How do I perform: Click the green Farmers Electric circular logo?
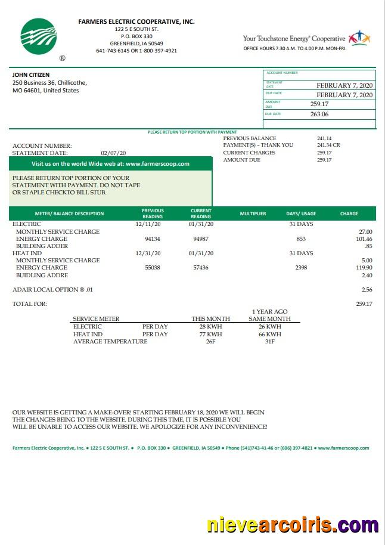pyautogui.click(x=39, y=36)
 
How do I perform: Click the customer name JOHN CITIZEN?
pyautogui.click(x=31, y=75)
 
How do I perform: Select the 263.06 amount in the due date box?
pyautogui.click(x=319, y=114)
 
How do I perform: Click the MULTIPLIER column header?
pyautogui.click(x=253, y=213)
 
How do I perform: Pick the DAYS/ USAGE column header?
pyautogui.click(x=301, y=213)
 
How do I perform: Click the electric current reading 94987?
pyautogui.click(x=201, y=239)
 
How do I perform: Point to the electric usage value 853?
pyautogui.click(x=300, y=239)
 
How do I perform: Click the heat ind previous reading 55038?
pyautogui.click(x=153, y=268)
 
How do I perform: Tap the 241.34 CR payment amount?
pyautogui.click(x=328, y=145)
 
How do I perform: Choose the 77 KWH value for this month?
pyautogui.click(x=210, y=335)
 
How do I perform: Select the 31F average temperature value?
pyautogui.click(x=269, y=342)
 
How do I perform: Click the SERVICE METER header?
pyautogui.click(x=96, y=319)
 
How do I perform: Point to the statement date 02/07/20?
pyautogui.click(x=113, y=153)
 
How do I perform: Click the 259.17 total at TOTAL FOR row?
pyautogui.click(x=364, y=304)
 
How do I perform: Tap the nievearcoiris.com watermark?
pyautogui.click(x=292, y=525)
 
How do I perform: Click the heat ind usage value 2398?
pyautogui.click(x=301, y=268)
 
